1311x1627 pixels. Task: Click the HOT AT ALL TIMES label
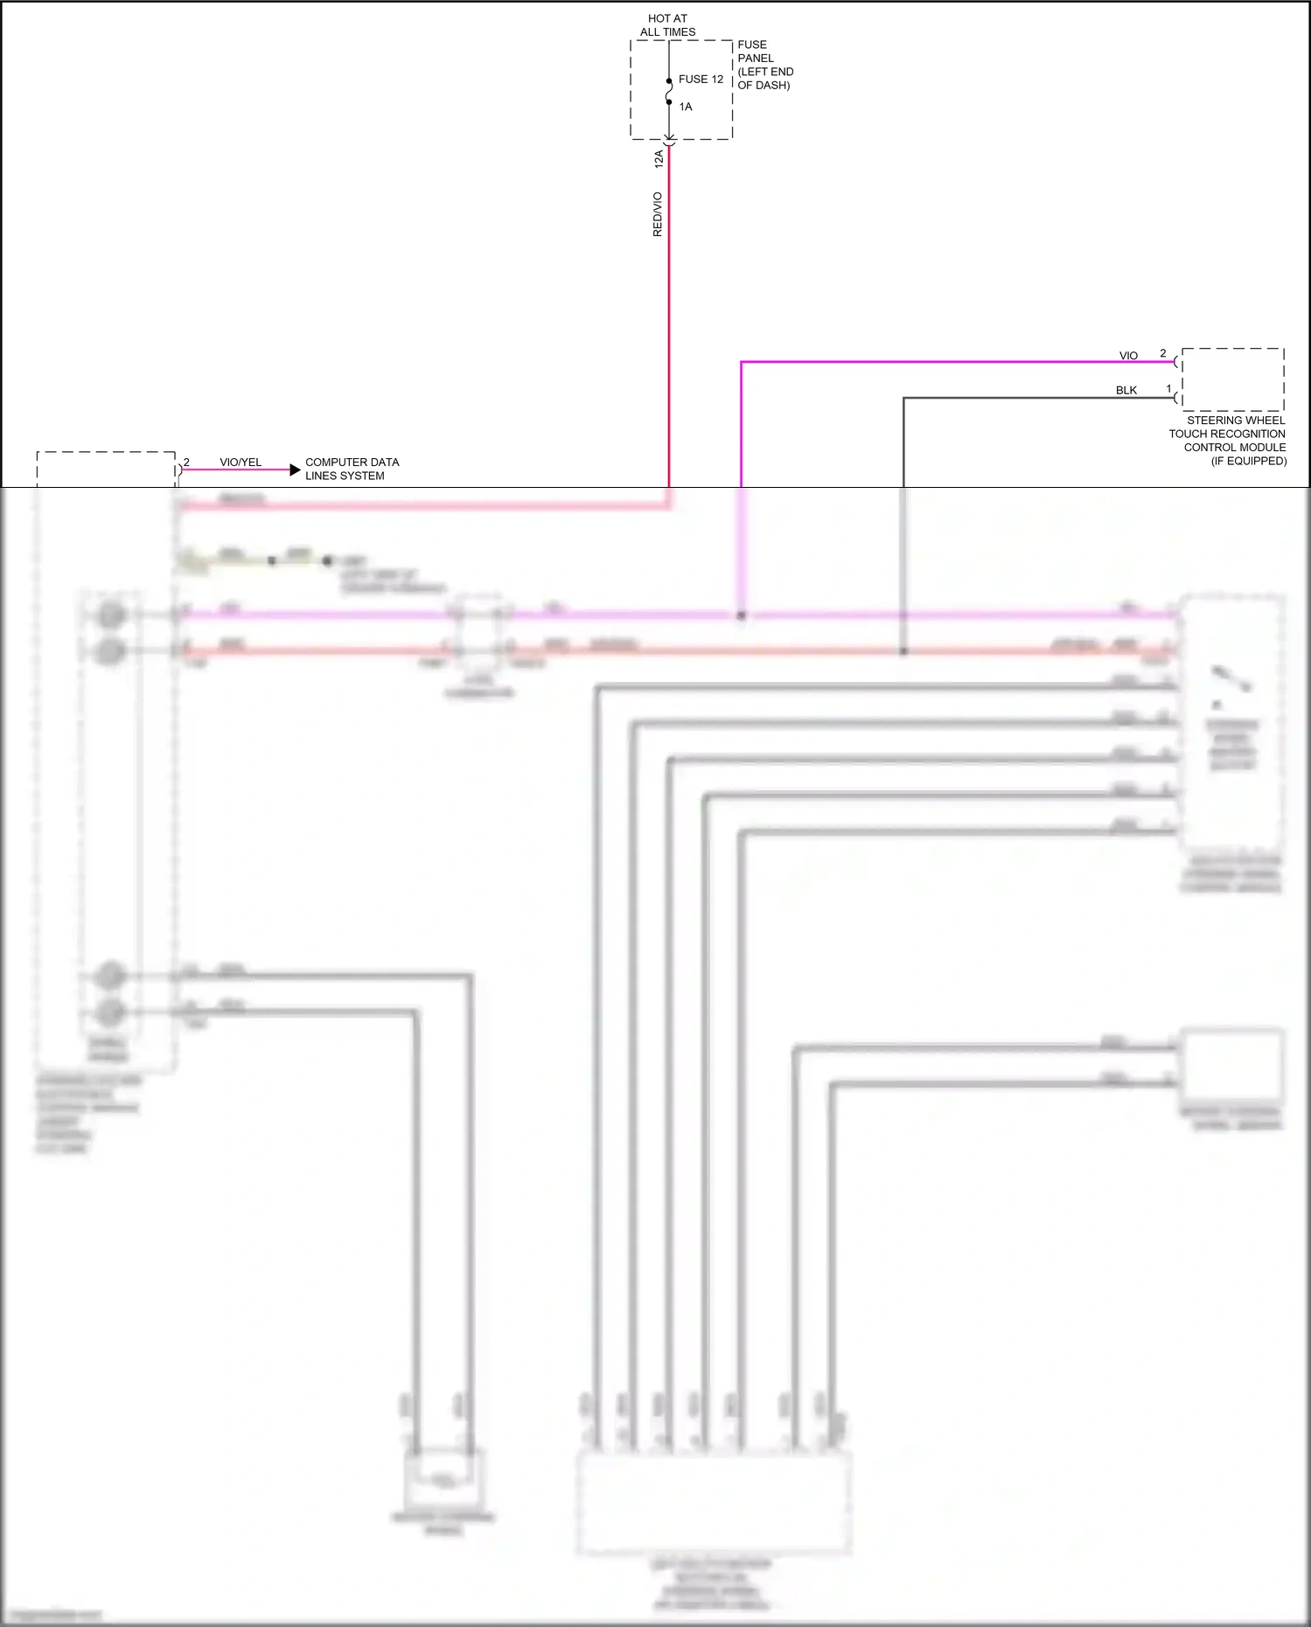click(667, 25)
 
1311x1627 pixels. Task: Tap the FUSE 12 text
click(701, 80)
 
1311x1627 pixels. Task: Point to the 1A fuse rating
click(686, 107)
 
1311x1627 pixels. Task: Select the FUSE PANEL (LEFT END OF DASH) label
click(764, 65)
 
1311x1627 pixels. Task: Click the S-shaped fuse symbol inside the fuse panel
click(669, 91)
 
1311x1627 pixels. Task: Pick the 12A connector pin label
click(659, 158)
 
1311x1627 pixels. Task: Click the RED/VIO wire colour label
click(658, 214)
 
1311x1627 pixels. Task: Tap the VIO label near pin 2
click(1128, 356)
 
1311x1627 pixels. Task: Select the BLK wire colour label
click(1126, 391)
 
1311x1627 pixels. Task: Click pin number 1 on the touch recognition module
click(1168, 389)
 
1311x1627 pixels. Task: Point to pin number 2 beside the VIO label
click(1162, 353)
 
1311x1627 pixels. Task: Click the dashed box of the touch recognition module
click(1232, 379)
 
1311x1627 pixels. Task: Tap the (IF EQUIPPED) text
click(1248, 461)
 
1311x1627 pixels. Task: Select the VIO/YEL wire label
click(241, 462)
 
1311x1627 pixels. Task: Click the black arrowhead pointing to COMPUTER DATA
click(295, 470)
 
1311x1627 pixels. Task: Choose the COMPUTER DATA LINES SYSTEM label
click(352, 469)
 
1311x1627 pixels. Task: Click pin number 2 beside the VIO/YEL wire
click(186, 462)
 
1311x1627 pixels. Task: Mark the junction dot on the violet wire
click(741, 615)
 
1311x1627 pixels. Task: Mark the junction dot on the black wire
click(903, 651)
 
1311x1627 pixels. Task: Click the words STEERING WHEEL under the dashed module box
click(1235, 421)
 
